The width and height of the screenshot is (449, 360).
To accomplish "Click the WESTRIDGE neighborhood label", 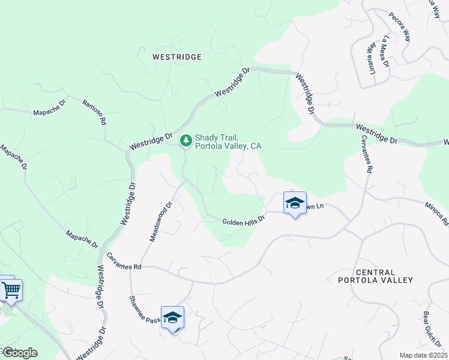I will [x=176, y=57].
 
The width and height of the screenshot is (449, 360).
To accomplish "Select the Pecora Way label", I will [x=400, y=26].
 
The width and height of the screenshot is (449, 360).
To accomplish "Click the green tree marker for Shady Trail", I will [x=186, y=140].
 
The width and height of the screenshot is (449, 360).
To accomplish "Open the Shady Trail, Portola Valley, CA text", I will [x=228, y=142].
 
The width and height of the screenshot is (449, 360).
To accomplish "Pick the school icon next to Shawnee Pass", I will [x=172, y=317].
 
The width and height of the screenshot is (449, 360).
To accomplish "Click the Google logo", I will [x=19, y=353].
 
